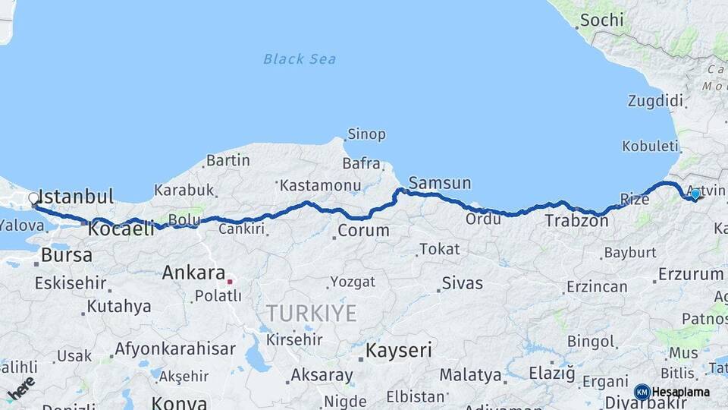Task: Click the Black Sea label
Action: (x=300, y=59)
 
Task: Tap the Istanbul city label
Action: (x=75, y=195)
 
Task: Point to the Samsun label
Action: (x=440, y=183)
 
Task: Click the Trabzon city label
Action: (x=576, y=222)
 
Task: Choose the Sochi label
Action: (x=602, y=20)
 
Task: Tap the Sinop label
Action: (x=366, y=134)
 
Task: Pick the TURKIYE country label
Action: (x=311, y=313)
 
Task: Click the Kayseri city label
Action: (x=399, y=350)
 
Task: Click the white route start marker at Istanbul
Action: (x=33, y=199)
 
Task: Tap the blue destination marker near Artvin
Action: (x=695, y=194)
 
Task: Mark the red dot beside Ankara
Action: (x=230, y=280)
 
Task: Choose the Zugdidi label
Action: (x=655, y=101)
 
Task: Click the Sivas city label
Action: (x=462, y=283)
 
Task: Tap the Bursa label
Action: (x=67, y=255)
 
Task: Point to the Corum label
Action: (x=363, y=230)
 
